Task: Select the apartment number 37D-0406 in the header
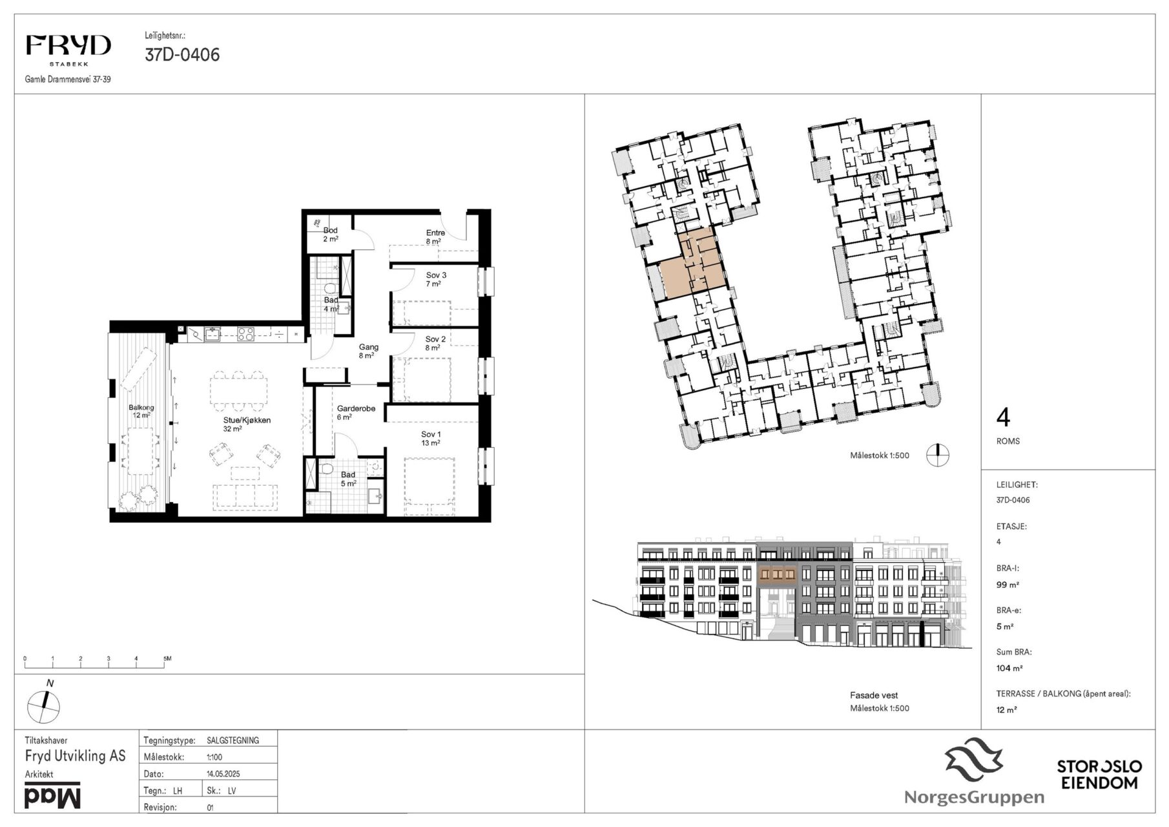pyautogui.click(x=182, y=55)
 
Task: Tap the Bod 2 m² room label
pyautogui.click(x=330, y=235)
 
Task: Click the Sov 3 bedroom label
pyautogui.click(x=436, y=279)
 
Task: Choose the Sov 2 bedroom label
pyautogui.click(x=435, y=343)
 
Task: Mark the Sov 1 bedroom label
pyautogui.click(x=431, y=439)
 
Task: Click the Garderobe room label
pyautogui.click(x=356, y=413)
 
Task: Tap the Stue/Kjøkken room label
pyautogui.click(x=247, y=424)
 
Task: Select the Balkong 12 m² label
pyautogui.click(x=141, y=412)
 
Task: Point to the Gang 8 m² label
pyautogui.click(x=369, y=351)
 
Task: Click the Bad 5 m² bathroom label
pyautogui.click(x=348, y=479)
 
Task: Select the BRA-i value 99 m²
pyautogui.click(x=1008, y=585)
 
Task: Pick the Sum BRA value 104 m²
pyautogui.click(x=1009, y=668)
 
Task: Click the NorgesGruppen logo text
pyautogui.click(x=974, y=797)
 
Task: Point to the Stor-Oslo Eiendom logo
pyautogui.click(x=1099, y=774)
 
